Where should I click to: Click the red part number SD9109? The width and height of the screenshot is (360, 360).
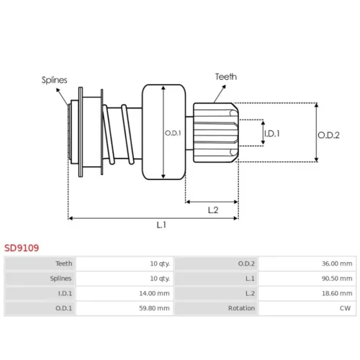22,248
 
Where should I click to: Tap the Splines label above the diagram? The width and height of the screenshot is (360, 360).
54,80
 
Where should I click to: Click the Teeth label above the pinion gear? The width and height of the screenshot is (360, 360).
226,77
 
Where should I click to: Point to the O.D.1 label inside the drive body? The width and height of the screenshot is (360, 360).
173,133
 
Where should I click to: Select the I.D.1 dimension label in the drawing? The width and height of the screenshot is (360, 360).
272,133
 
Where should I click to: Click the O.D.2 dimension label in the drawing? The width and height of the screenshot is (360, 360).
328,135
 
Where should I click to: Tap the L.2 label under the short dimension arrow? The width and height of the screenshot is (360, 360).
213,210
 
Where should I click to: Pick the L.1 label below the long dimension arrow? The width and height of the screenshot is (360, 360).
161,225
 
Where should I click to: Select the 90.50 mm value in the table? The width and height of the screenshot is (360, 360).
337,279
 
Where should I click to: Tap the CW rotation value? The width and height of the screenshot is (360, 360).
345,308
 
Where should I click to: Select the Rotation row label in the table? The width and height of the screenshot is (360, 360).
241,308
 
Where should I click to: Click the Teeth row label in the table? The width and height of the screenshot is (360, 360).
64,264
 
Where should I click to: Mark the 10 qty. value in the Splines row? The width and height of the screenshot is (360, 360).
160,279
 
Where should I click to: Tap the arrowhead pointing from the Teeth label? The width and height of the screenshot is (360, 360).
224,87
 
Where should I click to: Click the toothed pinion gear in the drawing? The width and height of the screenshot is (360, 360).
216,132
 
